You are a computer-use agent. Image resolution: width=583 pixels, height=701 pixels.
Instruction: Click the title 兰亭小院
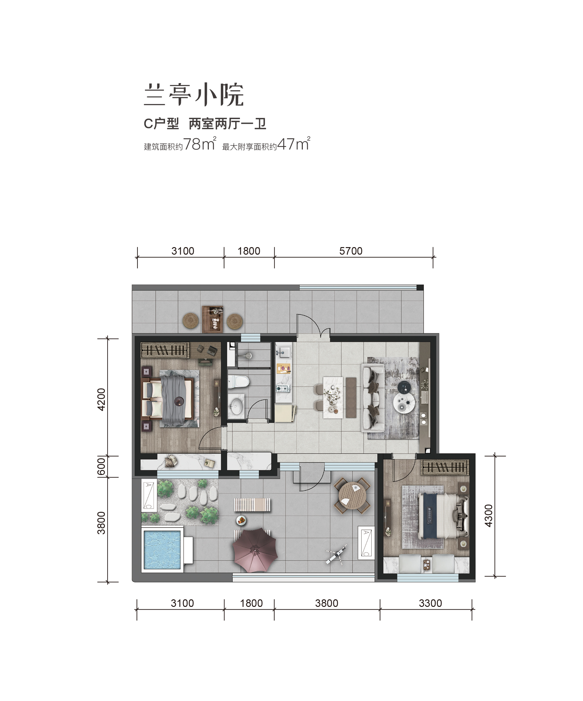(194, 95)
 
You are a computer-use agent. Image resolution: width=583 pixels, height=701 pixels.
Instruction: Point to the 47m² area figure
(294, 144)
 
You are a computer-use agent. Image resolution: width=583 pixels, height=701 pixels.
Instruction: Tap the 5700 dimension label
(351, 251)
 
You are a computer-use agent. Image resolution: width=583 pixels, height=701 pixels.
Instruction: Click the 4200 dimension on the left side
(101, 399)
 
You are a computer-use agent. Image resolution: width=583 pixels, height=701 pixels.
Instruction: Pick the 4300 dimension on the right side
(488, 516)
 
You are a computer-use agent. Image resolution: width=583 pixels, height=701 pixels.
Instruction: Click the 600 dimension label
(101, 467)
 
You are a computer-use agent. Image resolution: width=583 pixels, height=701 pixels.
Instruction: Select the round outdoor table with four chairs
(352, 496)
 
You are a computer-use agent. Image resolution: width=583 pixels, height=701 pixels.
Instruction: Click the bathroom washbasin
(236, 405)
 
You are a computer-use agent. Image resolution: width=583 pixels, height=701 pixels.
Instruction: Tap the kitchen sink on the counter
(284, 351)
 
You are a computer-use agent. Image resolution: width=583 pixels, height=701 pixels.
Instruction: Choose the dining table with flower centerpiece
(333, 398)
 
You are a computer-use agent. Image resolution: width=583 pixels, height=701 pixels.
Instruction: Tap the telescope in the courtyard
(336, 555)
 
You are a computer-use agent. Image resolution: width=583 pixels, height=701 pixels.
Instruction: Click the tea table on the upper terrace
(213, 319)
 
